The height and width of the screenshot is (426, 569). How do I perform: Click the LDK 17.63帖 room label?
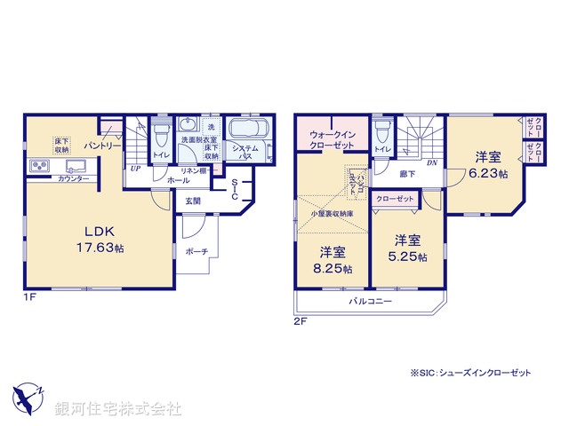(94, 241)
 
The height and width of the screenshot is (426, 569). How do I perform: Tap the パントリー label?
(103, 145)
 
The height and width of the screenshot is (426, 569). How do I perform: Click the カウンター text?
(73, 178)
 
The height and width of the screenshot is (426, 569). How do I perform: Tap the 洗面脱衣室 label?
(198, 139)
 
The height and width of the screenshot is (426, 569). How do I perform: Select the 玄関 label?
(193, 201)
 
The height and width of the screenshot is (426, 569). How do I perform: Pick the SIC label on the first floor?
(234, 192)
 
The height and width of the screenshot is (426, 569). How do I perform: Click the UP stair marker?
(135, 169)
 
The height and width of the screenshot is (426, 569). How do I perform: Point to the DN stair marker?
(431, 163)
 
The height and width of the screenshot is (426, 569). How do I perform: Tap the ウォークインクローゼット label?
(331, 138)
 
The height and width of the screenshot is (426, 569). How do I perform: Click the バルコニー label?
(369, 302)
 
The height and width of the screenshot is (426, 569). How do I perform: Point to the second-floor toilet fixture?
(381, 136)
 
